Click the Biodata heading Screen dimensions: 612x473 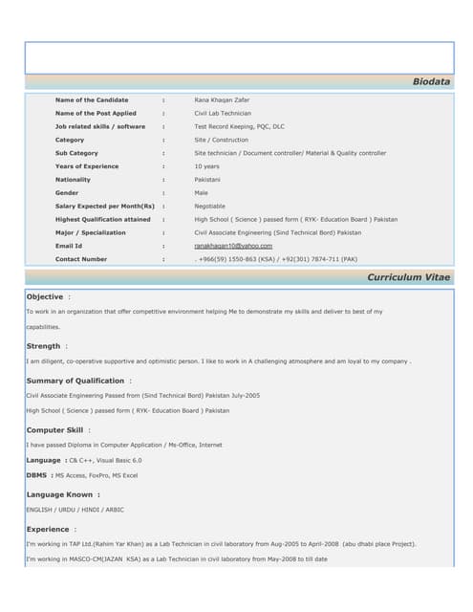[431, 82]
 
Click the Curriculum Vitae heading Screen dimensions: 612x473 [408, 276]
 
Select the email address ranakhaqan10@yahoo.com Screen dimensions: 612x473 [233, 246]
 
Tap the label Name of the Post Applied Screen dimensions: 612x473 [96, 113]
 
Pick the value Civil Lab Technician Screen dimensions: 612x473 [224, 113]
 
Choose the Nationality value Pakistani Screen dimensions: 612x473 [207, 180]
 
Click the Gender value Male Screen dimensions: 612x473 [202, 193]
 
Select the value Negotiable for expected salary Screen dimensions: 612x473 [210, 206]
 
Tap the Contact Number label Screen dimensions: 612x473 [81, 259]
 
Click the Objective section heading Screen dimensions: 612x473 [45, 296]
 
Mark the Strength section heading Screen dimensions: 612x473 [44, 346]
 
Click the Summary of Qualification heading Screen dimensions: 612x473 [75, 381]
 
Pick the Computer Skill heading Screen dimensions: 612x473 [54, 430]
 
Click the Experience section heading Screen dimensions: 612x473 [48, 529]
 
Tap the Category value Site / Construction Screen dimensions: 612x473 [222, 140]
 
